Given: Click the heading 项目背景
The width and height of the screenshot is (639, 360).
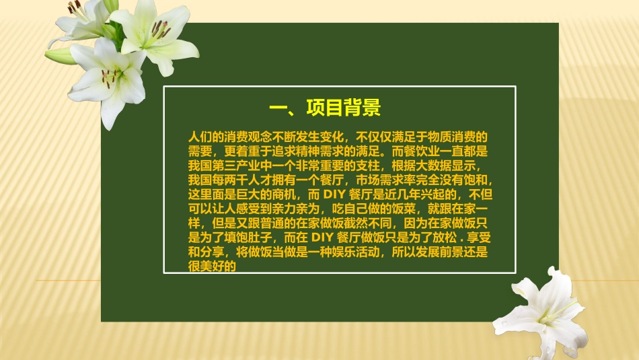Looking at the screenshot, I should click(x=344, y=108).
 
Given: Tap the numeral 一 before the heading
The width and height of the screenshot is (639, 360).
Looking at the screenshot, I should click(x=278, y=108).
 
